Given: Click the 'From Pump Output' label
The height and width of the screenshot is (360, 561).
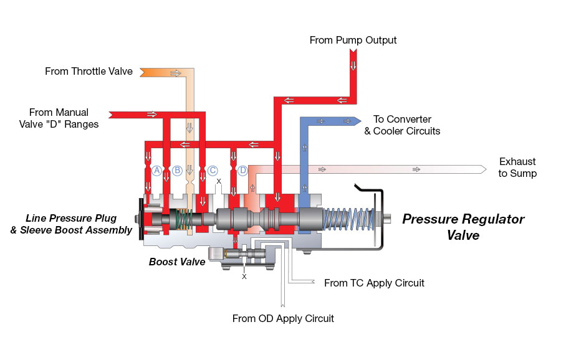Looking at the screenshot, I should tap(353, 40).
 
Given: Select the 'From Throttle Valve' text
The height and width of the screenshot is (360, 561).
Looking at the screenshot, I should tap(89, 72).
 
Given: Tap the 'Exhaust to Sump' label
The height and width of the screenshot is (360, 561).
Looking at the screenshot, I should tap(517, 168).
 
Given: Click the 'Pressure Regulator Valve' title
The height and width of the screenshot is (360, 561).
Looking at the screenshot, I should tap(463, 227).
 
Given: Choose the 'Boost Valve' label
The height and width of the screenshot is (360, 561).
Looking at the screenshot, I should tap(177, 262).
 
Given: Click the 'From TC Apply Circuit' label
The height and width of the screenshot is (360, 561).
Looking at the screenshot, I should tap(374, 283).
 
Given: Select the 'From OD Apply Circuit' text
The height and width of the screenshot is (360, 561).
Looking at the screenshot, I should tap(283, 318).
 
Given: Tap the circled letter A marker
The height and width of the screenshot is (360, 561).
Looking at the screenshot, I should tap(157, 170).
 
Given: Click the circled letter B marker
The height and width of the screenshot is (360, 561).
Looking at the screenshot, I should tap(177, 170).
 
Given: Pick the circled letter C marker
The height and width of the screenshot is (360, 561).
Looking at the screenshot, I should tap(213, 170).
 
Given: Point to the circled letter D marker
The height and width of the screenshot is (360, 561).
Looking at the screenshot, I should tap(242, 170).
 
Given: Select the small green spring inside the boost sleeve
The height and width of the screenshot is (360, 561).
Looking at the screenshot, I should tap(185, 219).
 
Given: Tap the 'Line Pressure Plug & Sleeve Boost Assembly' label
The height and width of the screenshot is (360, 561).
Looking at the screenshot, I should tap(79, 224).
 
